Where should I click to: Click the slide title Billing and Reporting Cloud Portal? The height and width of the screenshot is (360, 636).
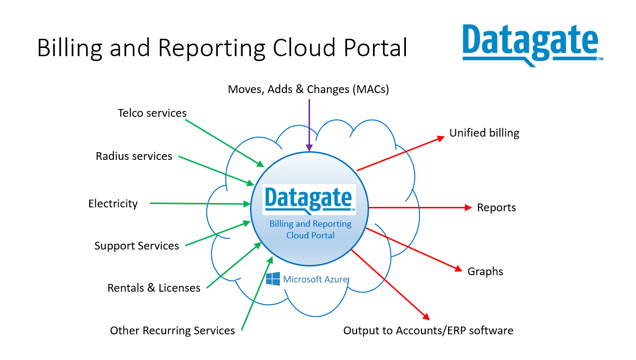point(222,48)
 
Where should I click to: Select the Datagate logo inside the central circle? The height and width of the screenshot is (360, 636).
point(309,199)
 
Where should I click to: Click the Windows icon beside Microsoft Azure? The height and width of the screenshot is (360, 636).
point(273,279)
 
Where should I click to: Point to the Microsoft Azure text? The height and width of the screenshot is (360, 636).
point(315,279)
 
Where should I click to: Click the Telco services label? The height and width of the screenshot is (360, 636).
point(152,113)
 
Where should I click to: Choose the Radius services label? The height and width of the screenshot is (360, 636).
point(134,156)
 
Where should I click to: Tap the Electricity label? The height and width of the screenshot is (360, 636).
point(113,203)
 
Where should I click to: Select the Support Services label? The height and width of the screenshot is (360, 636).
point(137,246)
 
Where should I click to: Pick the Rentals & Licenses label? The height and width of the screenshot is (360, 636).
point(154,288)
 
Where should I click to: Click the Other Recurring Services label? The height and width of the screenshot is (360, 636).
point(172,330)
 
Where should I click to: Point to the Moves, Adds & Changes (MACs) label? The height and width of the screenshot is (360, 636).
point(309,89)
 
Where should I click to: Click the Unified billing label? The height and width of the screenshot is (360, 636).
point(484,133)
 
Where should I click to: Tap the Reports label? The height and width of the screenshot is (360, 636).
point(496,207)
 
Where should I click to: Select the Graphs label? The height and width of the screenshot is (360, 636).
point(485,271)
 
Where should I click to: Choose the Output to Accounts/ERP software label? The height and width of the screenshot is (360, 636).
point(428,330)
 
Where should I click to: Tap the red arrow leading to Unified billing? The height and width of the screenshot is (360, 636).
point(401,154)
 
